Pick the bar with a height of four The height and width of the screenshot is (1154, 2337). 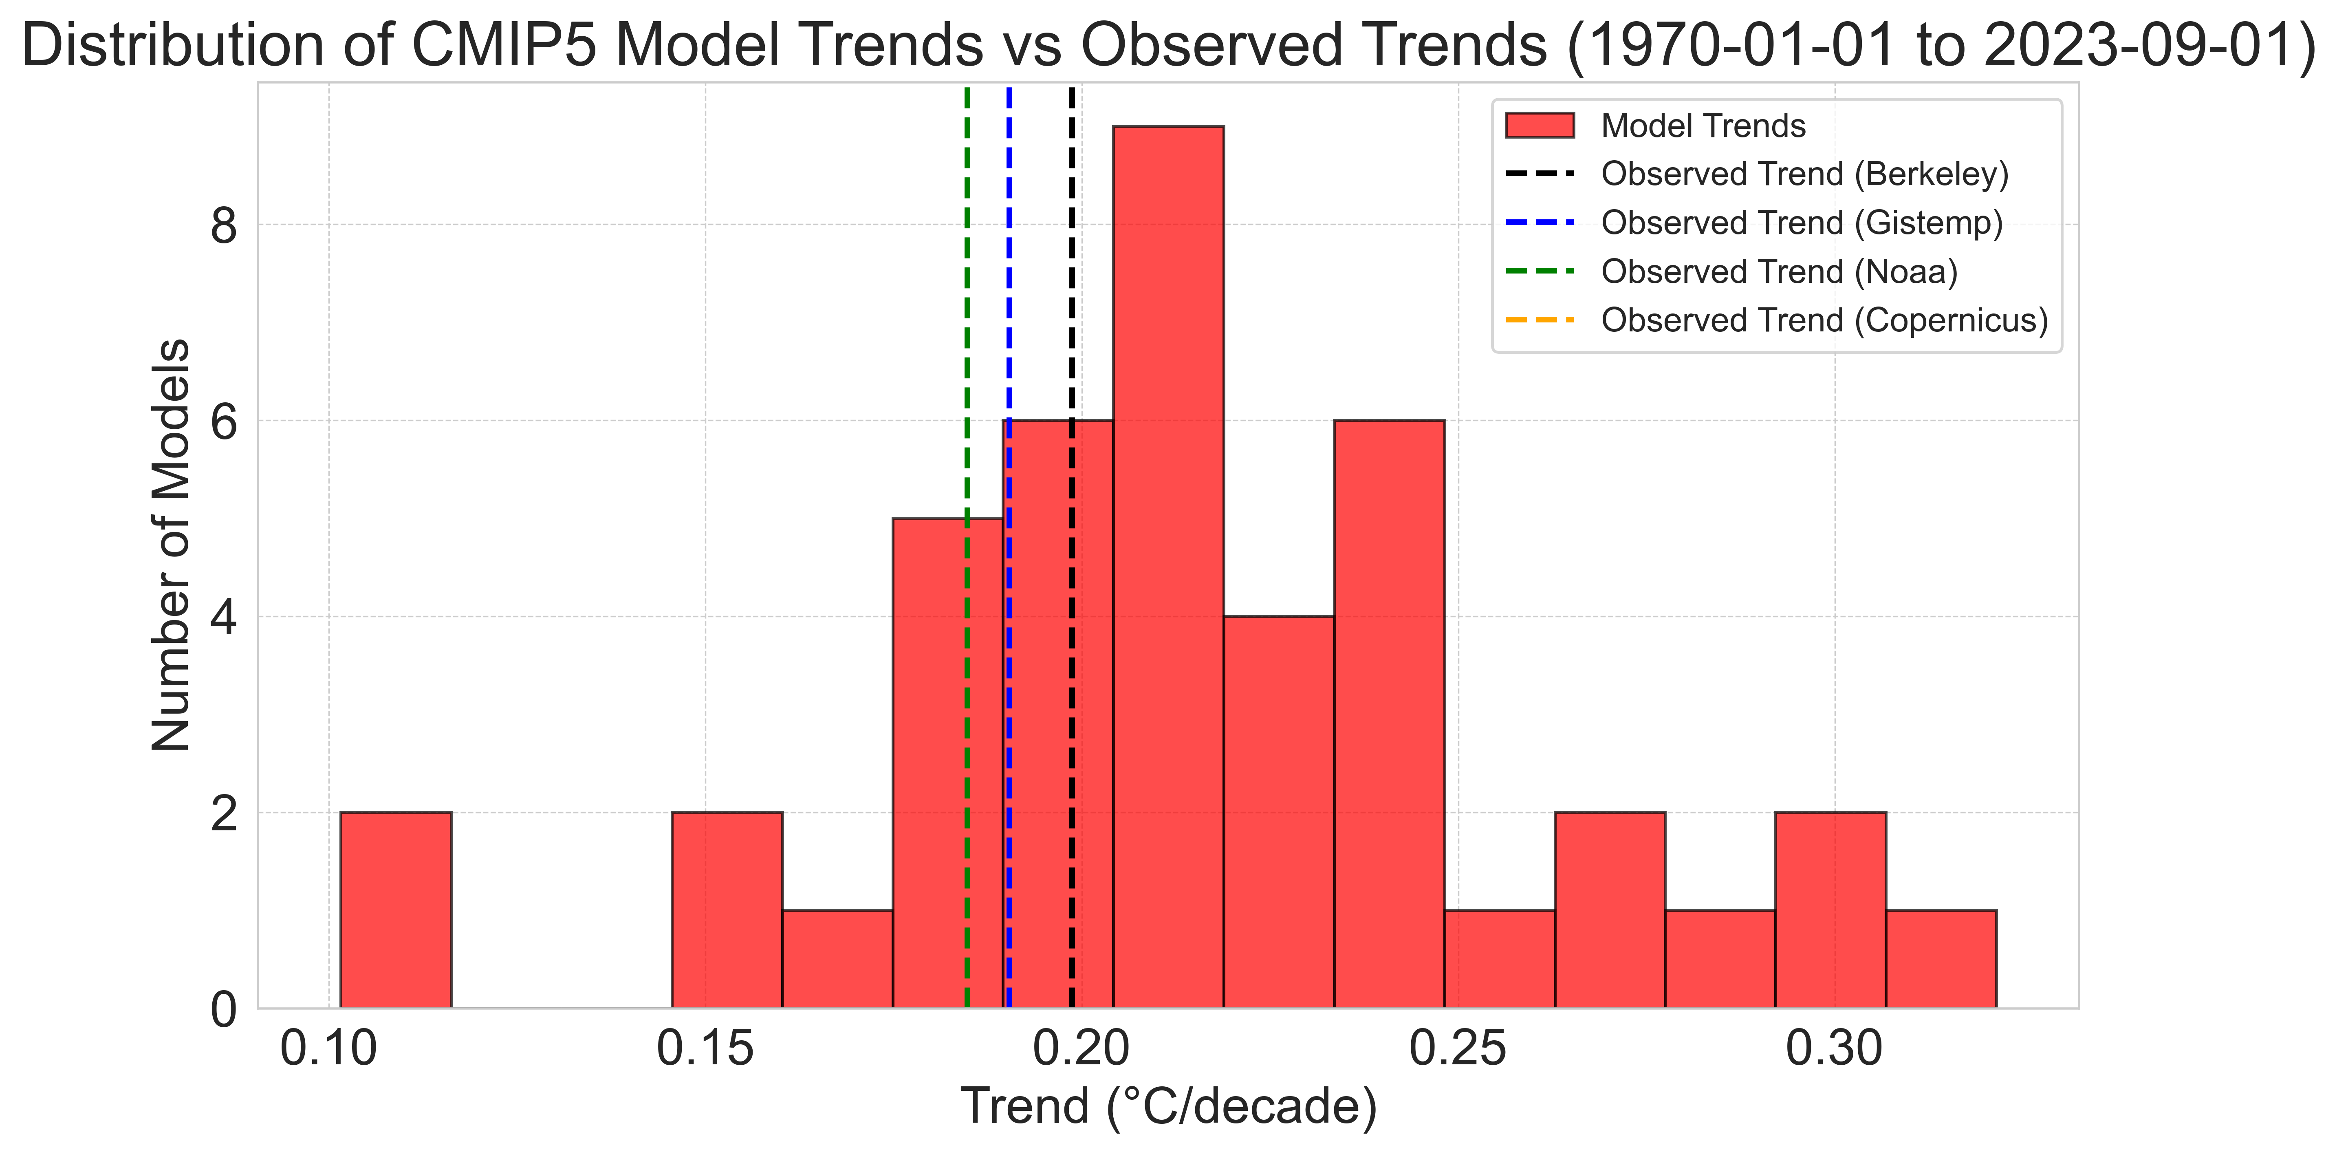(1278, 812)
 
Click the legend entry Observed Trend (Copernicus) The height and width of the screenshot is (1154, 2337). (1824, 320)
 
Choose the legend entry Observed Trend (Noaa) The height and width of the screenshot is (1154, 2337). (1778, 271)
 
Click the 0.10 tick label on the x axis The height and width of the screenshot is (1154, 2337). (328, 1049)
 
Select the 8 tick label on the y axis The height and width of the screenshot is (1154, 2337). (223, 225)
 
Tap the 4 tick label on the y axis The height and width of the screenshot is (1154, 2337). (223, 617)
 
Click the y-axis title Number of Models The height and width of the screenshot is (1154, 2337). (171, 544)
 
